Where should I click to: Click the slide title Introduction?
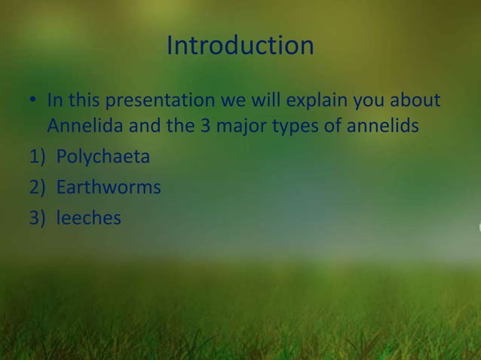coord(240,46)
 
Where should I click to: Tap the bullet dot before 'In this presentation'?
coord(34,102)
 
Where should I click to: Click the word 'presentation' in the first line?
coord(156,100)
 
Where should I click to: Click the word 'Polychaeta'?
coord(103,157)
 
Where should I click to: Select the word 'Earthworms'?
coord(108,187)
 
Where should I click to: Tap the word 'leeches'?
coord(88,218)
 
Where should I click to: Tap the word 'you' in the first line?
coord(367,100)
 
